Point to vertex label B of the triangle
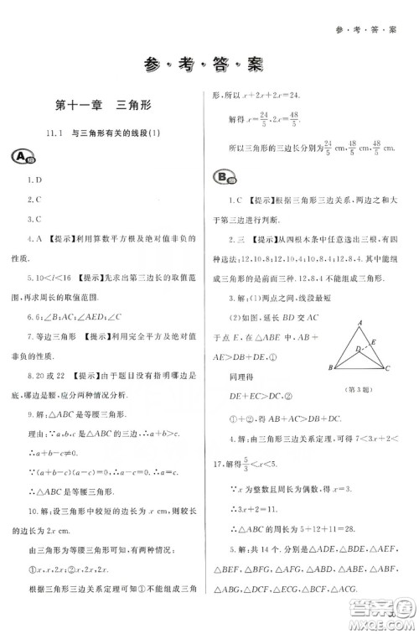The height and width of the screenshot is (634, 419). click(x=330, y=368)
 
